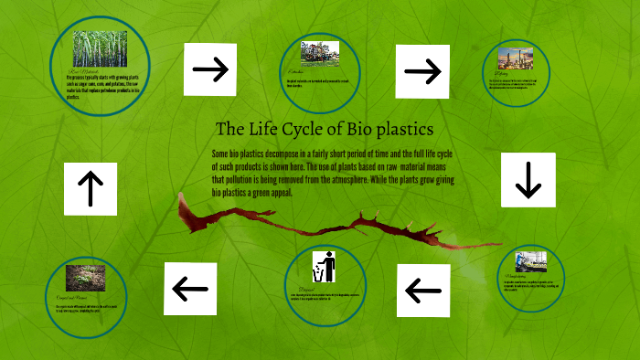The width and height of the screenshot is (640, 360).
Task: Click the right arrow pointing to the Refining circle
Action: (421, 70)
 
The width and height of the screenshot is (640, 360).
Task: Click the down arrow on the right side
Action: (528, 178)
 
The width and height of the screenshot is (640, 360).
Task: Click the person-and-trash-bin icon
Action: (324, 267)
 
